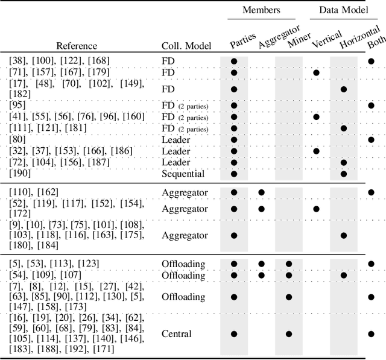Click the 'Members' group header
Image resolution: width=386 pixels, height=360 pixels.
click(262, 10)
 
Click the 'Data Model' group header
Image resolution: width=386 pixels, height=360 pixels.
click(344, 10)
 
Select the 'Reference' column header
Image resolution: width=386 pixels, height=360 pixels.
click(77, 46)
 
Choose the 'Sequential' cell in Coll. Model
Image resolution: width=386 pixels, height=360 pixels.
click(183, 174)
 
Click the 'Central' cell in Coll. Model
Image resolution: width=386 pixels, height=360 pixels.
click(176, 333)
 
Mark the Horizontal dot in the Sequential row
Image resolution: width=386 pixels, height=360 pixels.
click(344, 174)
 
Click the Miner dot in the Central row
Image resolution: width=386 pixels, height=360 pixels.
click(289, 333)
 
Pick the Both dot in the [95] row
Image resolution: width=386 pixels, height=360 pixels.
click(371, 105)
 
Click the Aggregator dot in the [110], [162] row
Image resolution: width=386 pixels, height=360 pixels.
click(262, 192)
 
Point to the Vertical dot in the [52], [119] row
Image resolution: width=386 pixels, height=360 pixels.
click(316, 209)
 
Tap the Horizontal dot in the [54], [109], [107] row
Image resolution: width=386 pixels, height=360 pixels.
click(344, 275)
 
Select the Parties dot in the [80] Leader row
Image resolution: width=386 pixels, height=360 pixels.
click(234, 139)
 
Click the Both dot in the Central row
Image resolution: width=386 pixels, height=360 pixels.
click(371, 333)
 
